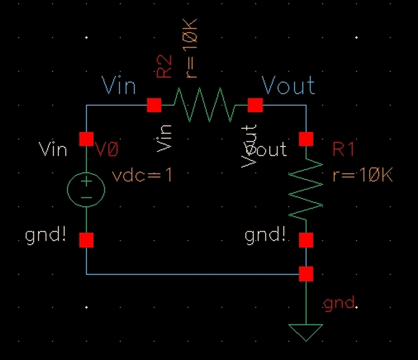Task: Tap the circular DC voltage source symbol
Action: (86, 189)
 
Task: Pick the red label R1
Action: (343, 150)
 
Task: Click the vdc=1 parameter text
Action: (142, 175)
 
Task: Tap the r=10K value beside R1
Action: (362, 175)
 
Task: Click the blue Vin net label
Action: (119, 86)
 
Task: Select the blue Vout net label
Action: (288, 86)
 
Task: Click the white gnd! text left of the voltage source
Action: (45, 236)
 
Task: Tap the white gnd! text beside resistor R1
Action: (265, 236)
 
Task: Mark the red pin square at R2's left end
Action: (154, 105)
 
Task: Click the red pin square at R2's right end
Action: (255, 105)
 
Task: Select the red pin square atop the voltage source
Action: (86, 139)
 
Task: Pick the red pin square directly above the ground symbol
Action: (306, 274)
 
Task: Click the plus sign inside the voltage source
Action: (86, 182)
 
